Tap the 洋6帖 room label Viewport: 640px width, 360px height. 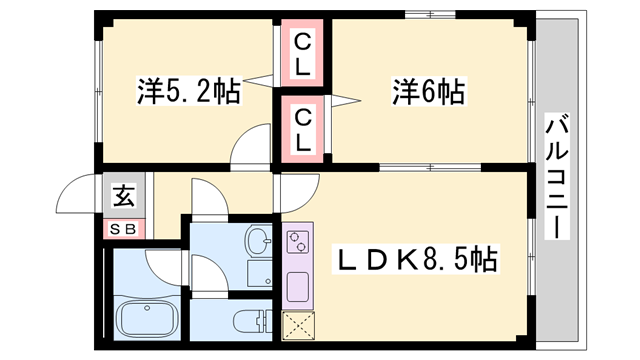pos(426,94)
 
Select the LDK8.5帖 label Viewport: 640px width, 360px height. pos(416,261)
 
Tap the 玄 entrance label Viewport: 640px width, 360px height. pos(125,196)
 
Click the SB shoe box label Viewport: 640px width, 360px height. pos(125,229)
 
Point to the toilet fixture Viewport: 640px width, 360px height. pos(246,322)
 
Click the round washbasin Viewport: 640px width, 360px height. pos(257,241)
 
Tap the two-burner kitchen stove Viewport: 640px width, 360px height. pos(299,244)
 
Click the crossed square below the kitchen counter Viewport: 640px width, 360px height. pos(298,325)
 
